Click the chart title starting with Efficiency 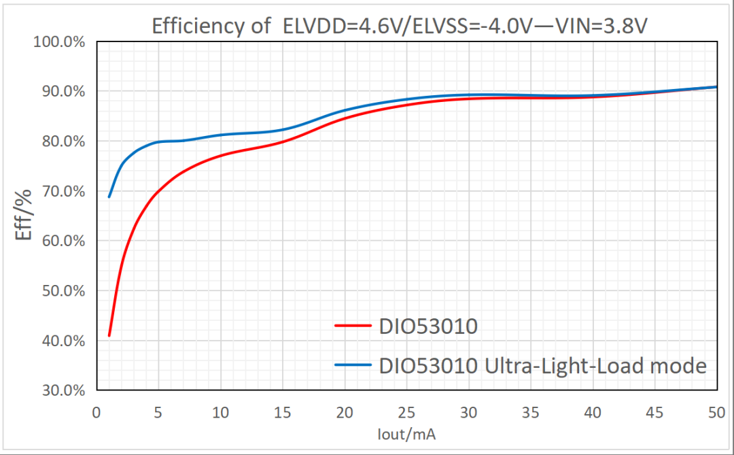coord(400,27)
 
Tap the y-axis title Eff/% coord(24,216)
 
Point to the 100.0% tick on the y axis coord(58,42)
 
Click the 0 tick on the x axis coord(96,412)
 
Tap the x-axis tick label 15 coord(282,412)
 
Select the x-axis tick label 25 coord(406,412)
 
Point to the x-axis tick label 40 coord(593,412)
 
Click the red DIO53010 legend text coord(428,326)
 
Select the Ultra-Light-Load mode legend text coord(542,366)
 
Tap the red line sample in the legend coord(353,326)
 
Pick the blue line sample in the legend coord(353,365)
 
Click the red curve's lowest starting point coord(109,335)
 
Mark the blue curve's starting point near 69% coord(109,197)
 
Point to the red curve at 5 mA coord(158,192)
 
